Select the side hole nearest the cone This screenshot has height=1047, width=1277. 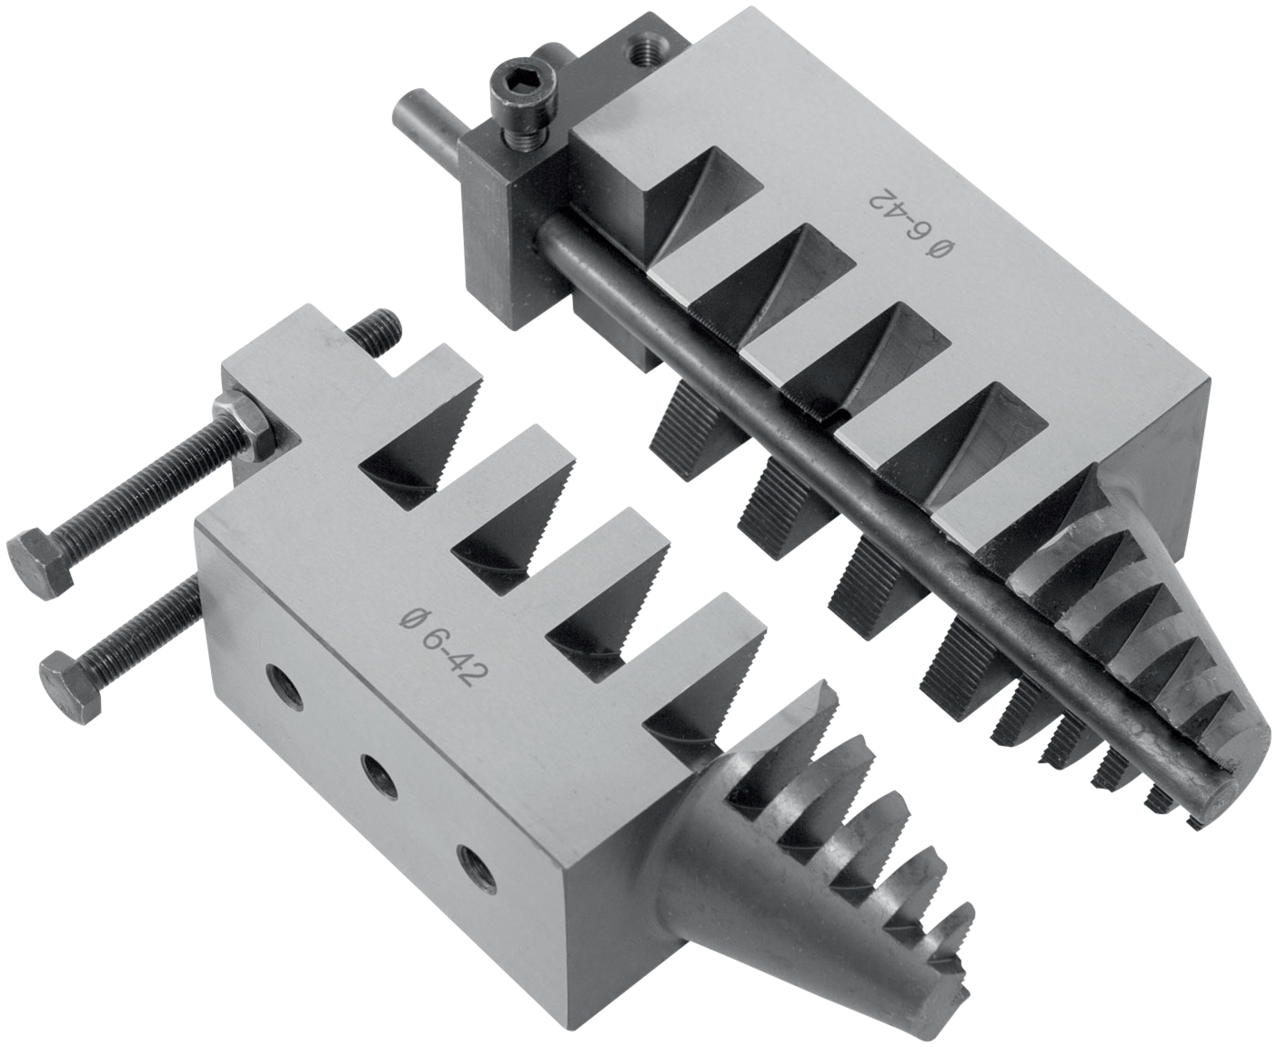(478, 869)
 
